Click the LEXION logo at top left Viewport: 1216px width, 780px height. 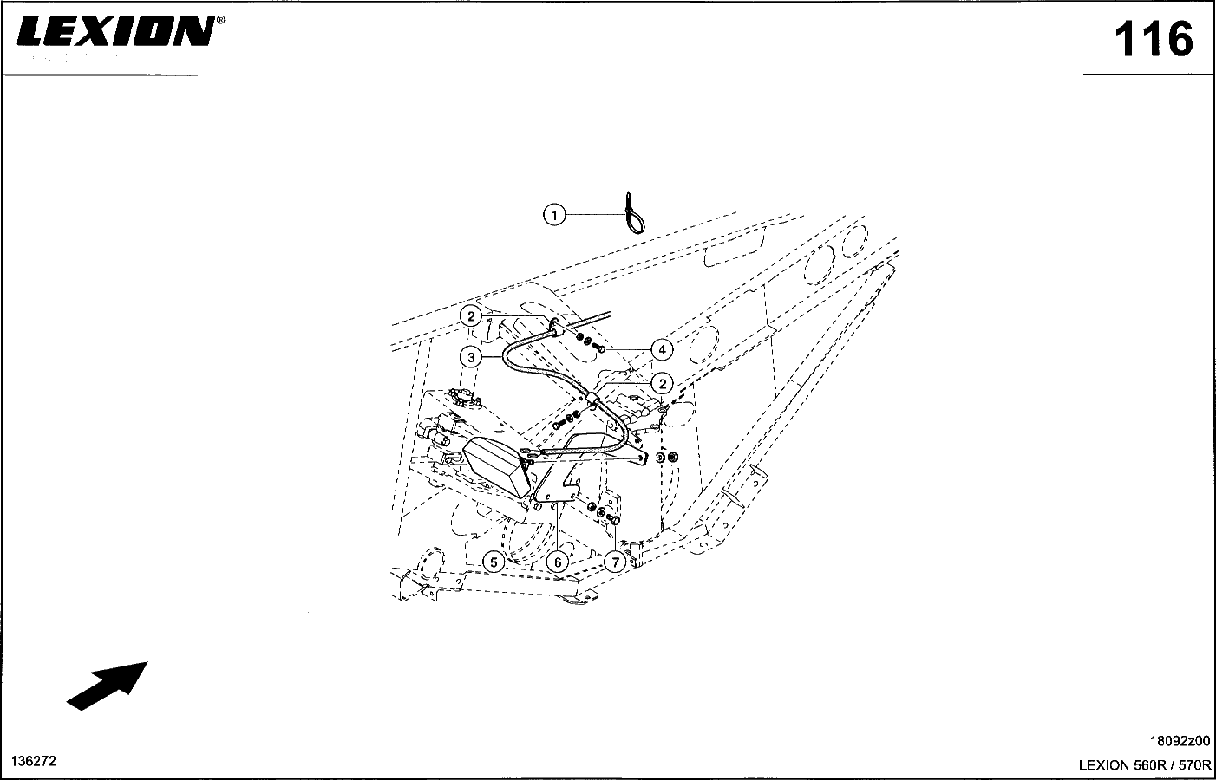[x=115, y=31]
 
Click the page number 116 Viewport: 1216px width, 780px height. [x=1153, y=39]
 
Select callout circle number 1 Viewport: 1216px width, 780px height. [x=553, y=215]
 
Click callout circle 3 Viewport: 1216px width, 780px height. [x=471, y=357]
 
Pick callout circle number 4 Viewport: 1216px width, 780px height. [x=662, y=350]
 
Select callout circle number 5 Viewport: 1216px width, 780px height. [x=494, y=562]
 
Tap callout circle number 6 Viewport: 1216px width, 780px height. [x=558, y=562]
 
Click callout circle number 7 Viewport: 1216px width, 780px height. [x=615, y=562]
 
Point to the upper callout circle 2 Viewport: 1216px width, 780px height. [x=471, y=316]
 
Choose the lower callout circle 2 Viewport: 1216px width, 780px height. [x=663, y=384]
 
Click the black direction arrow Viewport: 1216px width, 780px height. [x=107, y=686]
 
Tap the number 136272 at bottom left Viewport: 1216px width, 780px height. [x=34, y=761]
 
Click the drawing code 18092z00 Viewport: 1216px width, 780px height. [x=1180, y=741]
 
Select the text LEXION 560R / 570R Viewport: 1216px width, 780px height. [x=1145, y=765]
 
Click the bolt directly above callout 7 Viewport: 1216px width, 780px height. [x=614, y=520]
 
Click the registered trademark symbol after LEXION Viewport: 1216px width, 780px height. [x=220, y=20]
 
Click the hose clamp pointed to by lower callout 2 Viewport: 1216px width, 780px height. [x=592, y=401]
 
